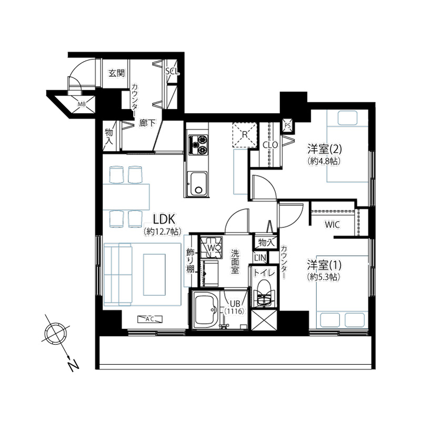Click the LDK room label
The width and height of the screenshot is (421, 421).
(x=164, y=219)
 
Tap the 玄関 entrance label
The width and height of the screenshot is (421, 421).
(x=117, y=73)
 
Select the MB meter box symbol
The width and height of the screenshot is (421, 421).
(x=82, y=104)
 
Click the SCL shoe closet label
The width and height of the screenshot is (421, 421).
(x=172, y=72)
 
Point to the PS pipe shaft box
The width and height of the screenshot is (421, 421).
(x=287, y=125)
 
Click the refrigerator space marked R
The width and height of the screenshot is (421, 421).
(x=245, y=135)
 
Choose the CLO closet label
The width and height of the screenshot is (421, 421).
(x=270, y=145)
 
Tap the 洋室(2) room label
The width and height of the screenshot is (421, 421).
(x=325, y=149)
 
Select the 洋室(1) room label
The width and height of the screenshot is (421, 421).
(x=325, y=265)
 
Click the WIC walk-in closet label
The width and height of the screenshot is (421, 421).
(x=333, y=225)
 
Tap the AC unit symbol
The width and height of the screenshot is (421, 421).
(x=150, y=319)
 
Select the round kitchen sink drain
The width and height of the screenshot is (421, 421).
(x=199, y=190)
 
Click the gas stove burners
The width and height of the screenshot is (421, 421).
(x=199, y=144)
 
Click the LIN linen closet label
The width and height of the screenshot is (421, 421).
(x=260, y=258)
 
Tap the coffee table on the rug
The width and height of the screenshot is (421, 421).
(x=154, y=275)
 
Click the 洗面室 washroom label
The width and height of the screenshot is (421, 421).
(x=235, y=262)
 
